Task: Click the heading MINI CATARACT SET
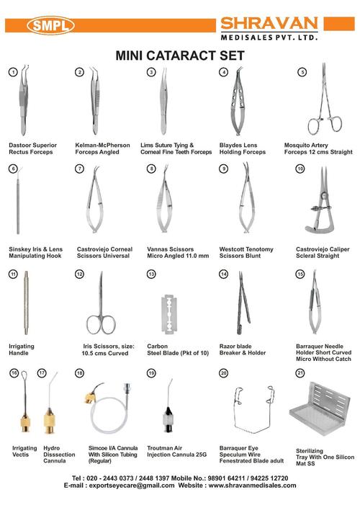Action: pos(180,55)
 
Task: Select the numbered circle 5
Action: pos(302,73)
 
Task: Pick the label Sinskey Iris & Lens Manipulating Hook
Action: pos(31,251)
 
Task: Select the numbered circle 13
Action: pos(151,274)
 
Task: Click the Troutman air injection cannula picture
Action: pos(170,411)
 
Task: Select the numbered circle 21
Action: pos(301,373)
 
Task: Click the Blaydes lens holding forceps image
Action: pos(238,108)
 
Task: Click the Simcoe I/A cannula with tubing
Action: pos(106,411)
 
